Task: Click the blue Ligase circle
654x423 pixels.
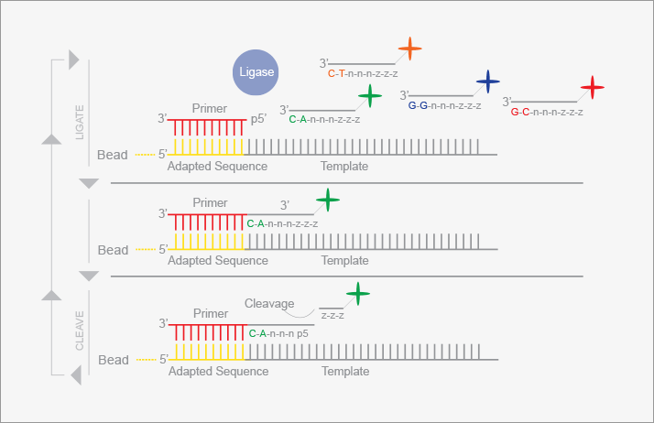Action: (256, 72)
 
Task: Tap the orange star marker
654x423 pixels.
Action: (409, 49)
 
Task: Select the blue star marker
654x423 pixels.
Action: (487, 81)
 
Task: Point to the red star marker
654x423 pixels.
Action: (593, 88)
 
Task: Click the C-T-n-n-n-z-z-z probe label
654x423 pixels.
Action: (363, 74)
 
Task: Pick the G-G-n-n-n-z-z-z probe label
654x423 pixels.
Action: (444, 106)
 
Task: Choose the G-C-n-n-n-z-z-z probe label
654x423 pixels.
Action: (547, 112)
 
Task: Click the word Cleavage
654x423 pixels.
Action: (269, 303)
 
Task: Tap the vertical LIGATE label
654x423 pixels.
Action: (80, 122)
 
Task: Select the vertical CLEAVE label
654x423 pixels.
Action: (80, 331)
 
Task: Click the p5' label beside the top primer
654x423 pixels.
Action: (258, 119)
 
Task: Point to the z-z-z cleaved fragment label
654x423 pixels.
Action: (332, 316)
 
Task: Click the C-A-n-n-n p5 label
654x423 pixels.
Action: (278, 333)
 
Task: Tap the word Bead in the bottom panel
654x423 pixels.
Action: (114, 360)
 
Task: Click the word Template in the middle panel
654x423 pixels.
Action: (345, 260)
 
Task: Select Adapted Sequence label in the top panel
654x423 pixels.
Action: (217, 166)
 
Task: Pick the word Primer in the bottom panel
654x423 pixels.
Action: (211, 313)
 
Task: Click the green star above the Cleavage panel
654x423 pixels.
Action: (357, 293)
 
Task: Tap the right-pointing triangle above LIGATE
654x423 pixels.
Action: (74, 60)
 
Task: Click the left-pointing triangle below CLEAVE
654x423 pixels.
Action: (76, 375)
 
